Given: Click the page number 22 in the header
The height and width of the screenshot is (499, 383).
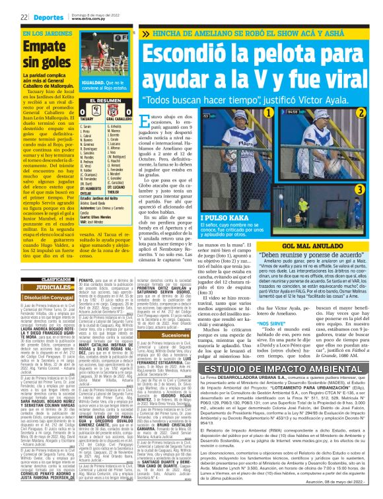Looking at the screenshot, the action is pyautogui.click(x=22, y=17).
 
